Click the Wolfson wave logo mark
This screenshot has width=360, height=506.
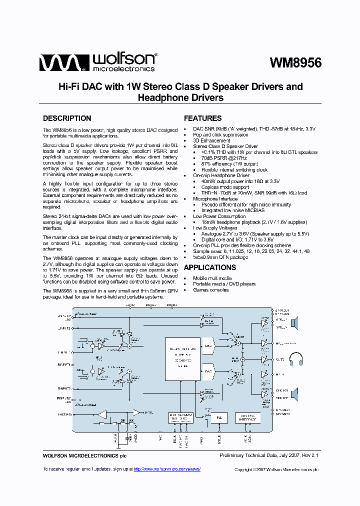[x=59, y=63]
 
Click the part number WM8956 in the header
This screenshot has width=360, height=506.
[x=295, y=63]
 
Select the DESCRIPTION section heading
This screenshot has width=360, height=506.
[x=67, y=118]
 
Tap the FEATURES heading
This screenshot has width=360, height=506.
[x=202, y=118]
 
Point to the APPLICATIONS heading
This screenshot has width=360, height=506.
[x=209, y=267]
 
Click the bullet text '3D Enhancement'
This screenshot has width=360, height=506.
[x=211, y=140]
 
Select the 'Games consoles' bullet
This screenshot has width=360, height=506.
[x=212, y=290]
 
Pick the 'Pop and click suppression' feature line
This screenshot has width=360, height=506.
[x=220, y=134]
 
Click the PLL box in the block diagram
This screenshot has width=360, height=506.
[x=218, y=417]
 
